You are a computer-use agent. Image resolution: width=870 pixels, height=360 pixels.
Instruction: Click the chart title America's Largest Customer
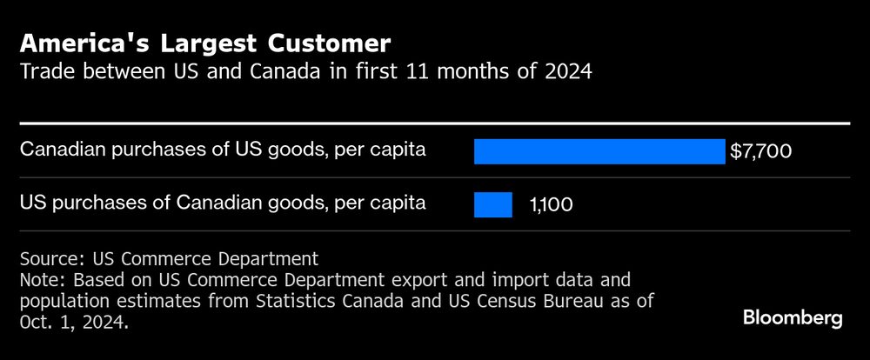point(205,43)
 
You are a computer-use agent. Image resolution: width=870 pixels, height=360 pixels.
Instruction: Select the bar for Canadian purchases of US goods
point(599,151)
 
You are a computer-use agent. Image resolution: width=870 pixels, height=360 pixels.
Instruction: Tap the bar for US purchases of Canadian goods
point(492,204)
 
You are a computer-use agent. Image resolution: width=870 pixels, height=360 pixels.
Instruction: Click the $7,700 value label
point(760,152)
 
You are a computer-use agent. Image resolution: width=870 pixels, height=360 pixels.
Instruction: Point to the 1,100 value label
point(552,205)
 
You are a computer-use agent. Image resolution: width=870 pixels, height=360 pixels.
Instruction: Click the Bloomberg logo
point(793,318)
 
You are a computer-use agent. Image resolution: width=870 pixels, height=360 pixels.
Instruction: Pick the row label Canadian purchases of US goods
point(223,150)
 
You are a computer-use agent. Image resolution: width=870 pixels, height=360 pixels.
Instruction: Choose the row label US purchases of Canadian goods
point(223,203)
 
